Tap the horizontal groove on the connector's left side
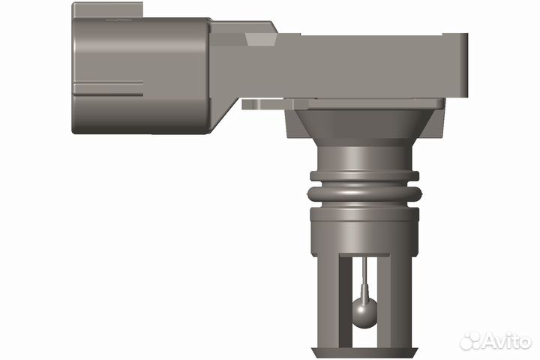109,82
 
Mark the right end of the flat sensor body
458,67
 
